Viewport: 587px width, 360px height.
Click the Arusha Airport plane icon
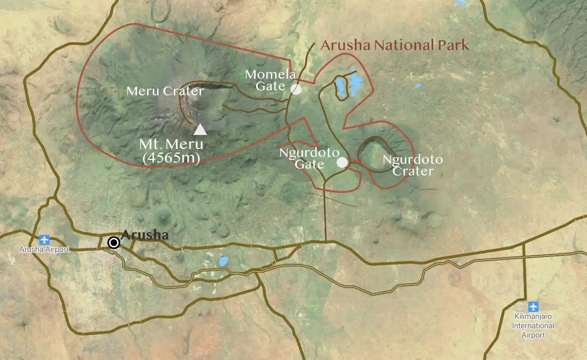(x=44, y=239)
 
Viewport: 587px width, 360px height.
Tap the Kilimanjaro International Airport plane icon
(x=533, y=307)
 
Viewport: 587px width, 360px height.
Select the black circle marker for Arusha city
(x=114, y=243)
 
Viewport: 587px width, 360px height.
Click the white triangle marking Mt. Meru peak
(x=200, y=130)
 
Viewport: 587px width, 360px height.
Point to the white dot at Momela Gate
(x=296, y=89)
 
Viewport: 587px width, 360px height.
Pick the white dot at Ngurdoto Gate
(x=342, y=162)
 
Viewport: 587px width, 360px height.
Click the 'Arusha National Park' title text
(x=394, y=45)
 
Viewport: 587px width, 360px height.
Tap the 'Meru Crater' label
(x=165, y=91)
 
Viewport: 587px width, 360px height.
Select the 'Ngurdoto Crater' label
(x=413, y=165)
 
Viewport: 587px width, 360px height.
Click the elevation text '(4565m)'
(x=171, y=158)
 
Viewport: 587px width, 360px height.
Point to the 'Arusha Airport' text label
(x=44, y=249)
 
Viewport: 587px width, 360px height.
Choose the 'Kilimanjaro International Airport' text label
(x=533, y=326)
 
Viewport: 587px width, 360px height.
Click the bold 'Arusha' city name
(x=145, y=235)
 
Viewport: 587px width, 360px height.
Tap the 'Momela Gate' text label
(x=270, y=80)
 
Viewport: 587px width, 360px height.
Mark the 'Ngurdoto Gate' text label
(x=309, y=158)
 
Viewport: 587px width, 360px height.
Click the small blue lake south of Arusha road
(x=223, y=261)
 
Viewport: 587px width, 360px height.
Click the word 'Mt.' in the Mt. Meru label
(x=149, y=144)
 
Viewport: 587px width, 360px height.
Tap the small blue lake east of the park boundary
(x=418, y=86)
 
